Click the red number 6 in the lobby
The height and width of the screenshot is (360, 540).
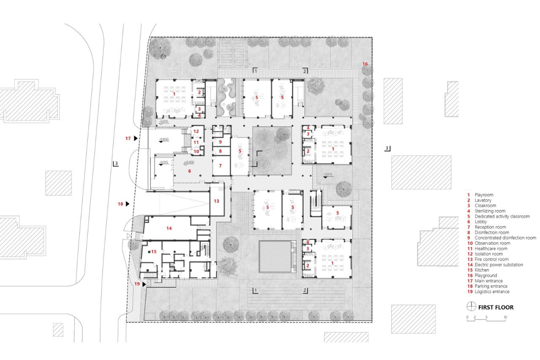pos(189,171)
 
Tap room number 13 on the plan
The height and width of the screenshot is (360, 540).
pos(216,201)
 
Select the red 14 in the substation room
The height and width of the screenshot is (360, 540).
pos(169,228)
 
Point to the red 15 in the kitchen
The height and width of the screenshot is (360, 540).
pos(154,252)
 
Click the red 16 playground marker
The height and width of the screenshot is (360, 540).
pos(365,64)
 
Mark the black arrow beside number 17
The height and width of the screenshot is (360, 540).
pos(136,138)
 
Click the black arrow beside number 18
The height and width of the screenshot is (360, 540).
pos(127,204)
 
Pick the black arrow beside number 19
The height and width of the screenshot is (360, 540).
pos(145,284)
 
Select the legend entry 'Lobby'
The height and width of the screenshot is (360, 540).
pos(481,222)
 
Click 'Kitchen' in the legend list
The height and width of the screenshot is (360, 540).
pos(482,270)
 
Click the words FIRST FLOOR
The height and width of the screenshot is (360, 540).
pos(496,307)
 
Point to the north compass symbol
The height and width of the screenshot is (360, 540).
pos(470,307)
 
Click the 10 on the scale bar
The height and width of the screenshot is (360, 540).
pos(505,317)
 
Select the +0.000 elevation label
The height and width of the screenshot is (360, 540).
pos(188,162)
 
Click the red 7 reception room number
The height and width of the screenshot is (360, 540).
pos(220,166)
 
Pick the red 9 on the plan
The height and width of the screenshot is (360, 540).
pos(220,141)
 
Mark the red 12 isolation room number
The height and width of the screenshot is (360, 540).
pos(196,131)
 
